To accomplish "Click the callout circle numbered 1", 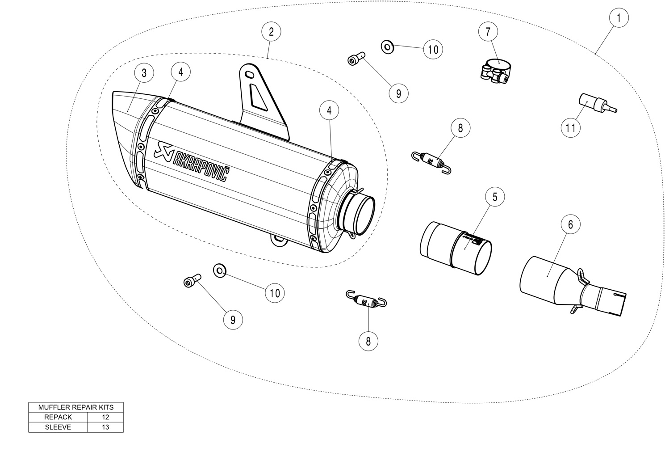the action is [x=619, y=18].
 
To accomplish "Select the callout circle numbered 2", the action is [x=271, y=31].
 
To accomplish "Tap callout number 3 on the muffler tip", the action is [x=144, y=73].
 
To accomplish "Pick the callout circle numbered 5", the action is [x=495, y=197].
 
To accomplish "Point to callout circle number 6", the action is [x=571, y=224].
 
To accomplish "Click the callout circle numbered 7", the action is [x=488, y=31].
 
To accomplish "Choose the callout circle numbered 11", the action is [x=571, y=128].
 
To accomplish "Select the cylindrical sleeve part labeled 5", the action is [x=456, y=248].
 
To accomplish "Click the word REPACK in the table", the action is [x=58, y=417].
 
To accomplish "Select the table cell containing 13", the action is [x=105, y=427].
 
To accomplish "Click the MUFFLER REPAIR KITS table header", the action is [x=76, y=407].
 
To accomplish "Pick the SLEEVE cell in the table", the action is [x=58, y=427].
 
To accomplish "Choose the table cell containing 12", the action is [x=105, y=417].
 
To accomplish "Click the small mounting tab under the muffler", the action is [x=279, y=241].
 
